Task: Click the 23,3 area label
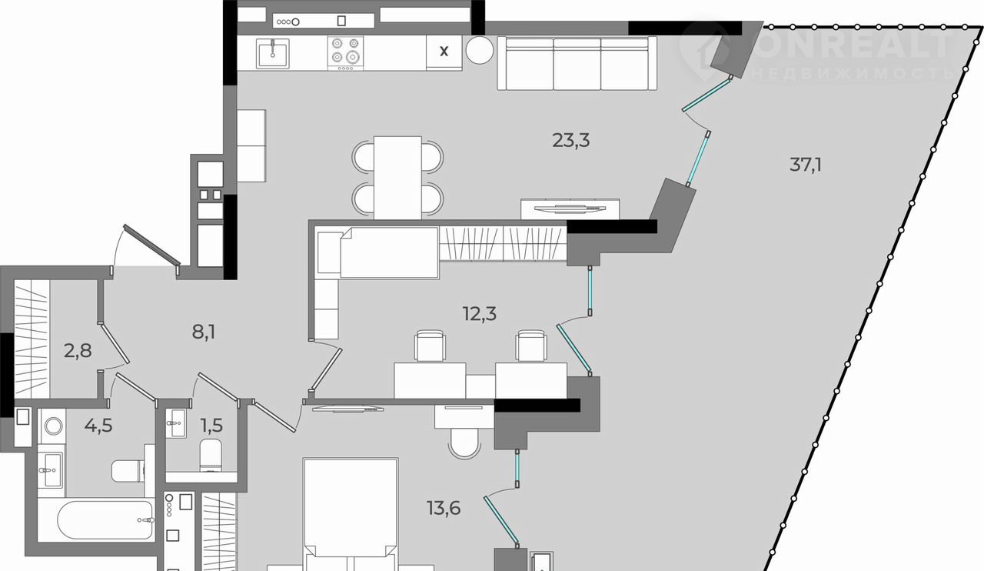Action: point(570,141)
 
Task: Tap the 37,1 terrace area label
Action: point(806,165)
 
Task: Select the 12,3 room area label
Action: point(479,314)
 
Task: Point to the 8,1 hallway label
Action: point(204,332)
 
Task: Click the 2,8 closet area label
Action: point(78,351)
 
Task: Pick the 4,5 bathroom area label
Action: point(99,426)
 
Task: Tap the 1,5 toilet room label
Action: point(211,426)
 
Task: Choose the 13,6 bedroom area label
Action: point(444,508)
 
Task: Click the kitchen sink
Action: point(273,54)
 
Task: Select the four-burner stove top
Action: point(345,53)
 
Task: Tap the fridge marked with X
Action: point(444,52)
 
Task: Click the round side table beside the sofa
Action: point(480,50)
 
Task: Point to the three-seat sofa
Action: point(577,63)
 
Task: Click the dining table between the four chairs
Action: point(397,177)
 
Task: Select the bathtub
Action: point(105,519)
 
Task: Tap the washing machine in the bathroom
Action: point(54,426)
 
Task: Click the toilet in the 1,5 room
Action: point(211,455)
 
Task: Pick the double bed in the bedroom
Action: point(351,515)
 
